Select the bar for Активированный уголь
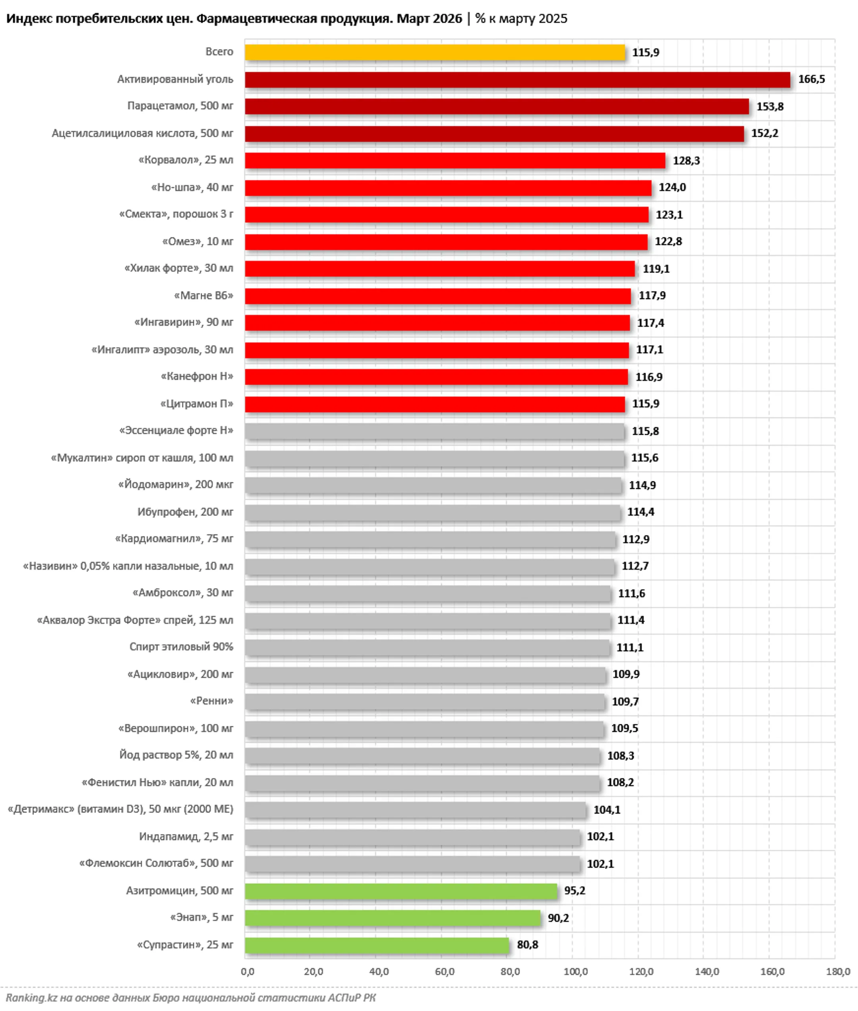pyautogui.click(x=517, y=80)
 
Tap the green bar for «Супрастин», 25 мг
pyautogui.click(x=377, y=945)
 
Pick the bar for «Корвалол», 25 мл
pyautogui.click(x=455, y=160)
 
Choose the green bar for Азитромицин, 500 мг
pyautogui.click(x=401, y=891)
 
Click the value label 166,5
pyautogui.click(x=811, y=79)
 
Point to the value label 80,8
pyautogui.click(x=527, y=944)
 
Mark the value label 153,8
pyautogui.click(x=769, y=106)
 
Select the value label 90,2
pyautogui.click(x=558, y=918)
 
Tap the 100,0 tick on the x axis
pyautogui.click(x=576, y=972)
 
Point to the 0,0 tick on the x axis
pyautogui.click(x=247, y=972)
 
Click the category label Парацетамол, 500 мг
pyautogui.click(x=180, y=106)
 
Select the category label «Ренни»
pyautogui.click(x=212, y=701)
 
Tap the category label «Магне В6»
pyautogui.click(x=204, y=296)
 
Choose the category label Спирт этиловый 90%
pyautogui.click(x=181, y=647)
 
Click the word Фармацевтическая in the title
pyautogui.click(x=295, y=19)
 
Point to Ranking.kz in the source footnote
pyautogui.click(x=31, y=997)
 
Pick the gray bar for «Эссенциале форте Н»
pyautogui.click(x=434, y=431)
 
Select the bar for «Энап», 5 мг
pyautogui.click(x=392, y=918)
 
